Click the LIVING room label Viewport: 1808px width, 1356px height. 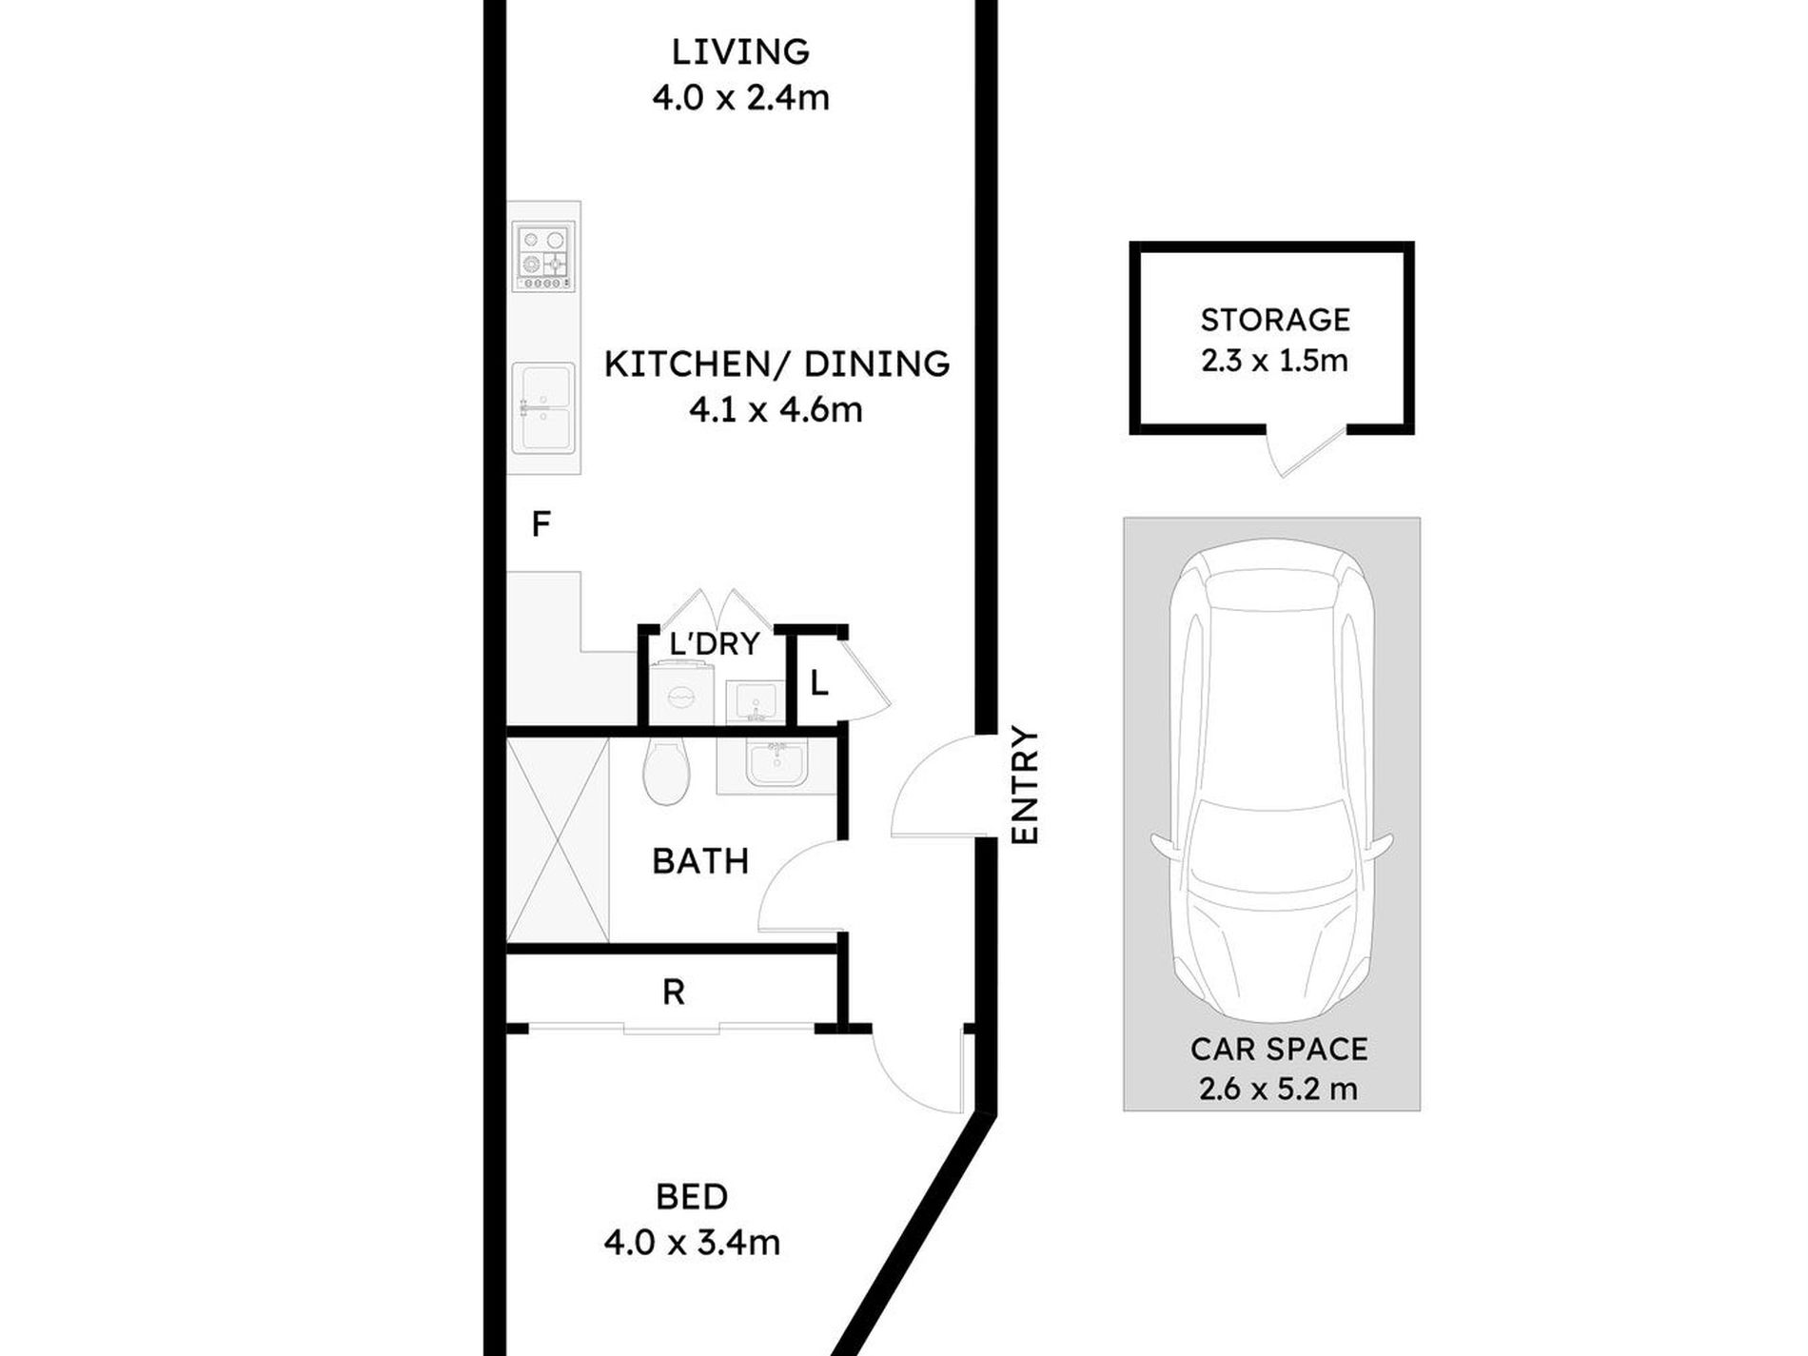[740, 51]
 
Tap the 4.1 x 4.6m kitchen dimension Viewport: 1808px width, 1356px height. [776, 410]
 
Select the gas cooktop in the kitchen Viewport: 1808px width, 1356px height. [543, 256]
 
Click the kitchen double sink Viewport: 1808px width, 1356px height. [543, 406]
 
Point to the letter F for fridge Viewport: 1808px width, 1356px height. [540, 523]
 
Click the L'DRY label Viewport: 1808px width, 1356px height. [715, 643]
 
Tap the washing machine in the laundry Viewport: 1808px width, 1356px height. [681, 697]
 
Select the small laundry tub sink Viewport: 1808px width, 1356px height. [753, 702]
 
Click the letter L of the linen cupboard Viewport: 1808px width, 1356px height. [818, 682]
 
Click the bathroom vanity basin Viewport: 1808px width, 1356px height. [776, 766]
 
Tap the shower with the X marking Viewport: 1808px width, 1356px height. [557, 840]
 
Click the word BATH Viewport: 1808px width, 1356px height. [700, 861]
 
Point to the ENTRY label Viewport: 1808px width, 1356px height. [1025, 785]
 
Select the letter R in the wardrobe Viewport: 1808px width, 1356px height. [673, 992]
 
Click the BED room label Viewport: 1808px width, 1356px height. [692, 1196]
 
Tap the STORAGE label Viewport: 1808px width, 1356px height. [1275, 320]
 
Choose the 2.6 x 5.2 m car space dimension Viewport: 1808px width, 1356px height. [1278, 1089]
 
